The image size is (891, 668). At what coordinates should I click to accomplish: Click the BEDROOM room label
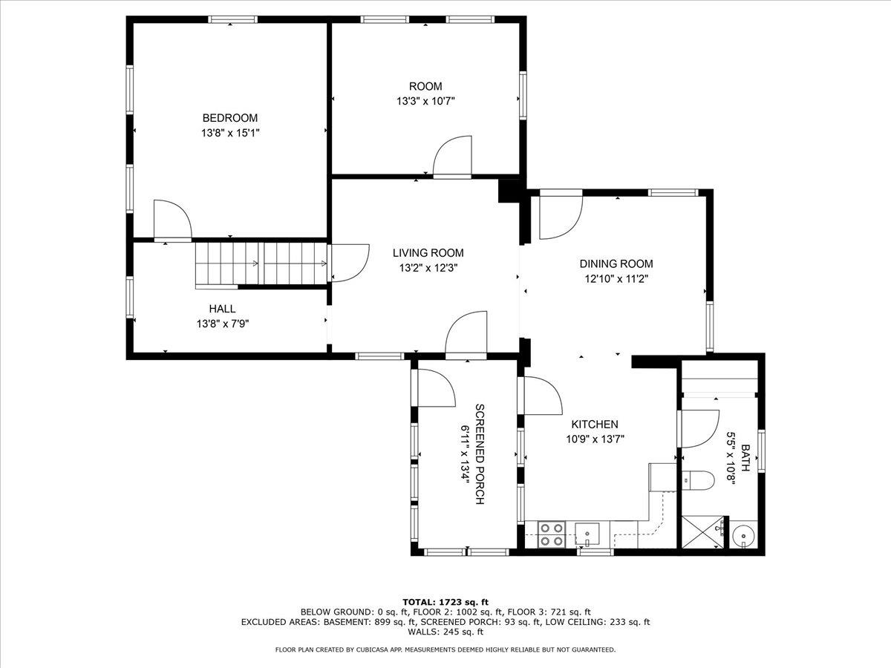point(230,118)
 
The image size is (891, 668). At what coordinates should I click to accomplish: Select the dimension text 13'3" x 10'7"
point(425,101)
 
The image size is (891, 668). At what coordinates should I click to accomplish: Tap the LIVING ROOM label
point(428,253)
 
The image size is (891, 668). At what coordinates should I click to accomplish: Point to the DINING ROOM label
point(616,264)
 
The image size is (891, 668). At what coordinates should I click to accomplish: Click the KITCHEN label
point(594,425)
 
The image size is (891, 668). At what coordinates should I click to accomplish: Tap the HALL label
point(222,309)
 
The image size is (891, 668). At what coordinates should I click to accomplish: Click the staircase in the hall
point(260,263)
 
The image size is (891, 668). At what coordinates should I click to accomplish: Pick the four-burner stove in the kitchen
point(550,534)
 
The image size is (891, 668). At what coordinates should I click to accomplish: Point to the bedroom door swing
point(171,221)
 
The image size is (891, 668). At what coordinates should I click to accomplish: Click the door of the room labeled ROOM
point(451,157)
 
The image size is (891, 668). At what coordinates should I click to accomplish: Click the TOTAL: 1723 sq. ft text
point(445,602)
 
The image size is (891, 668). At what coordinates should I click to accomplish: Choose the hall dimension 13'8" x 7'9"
point(222,324)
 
